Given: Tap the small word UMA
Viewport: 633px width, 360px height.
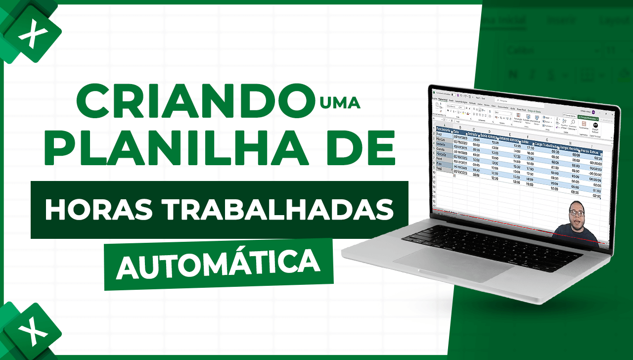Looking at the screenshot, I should coord(340,103).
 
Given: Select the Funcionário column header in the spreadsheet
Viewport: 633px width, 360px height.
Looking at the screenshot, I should coord(444,130).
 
